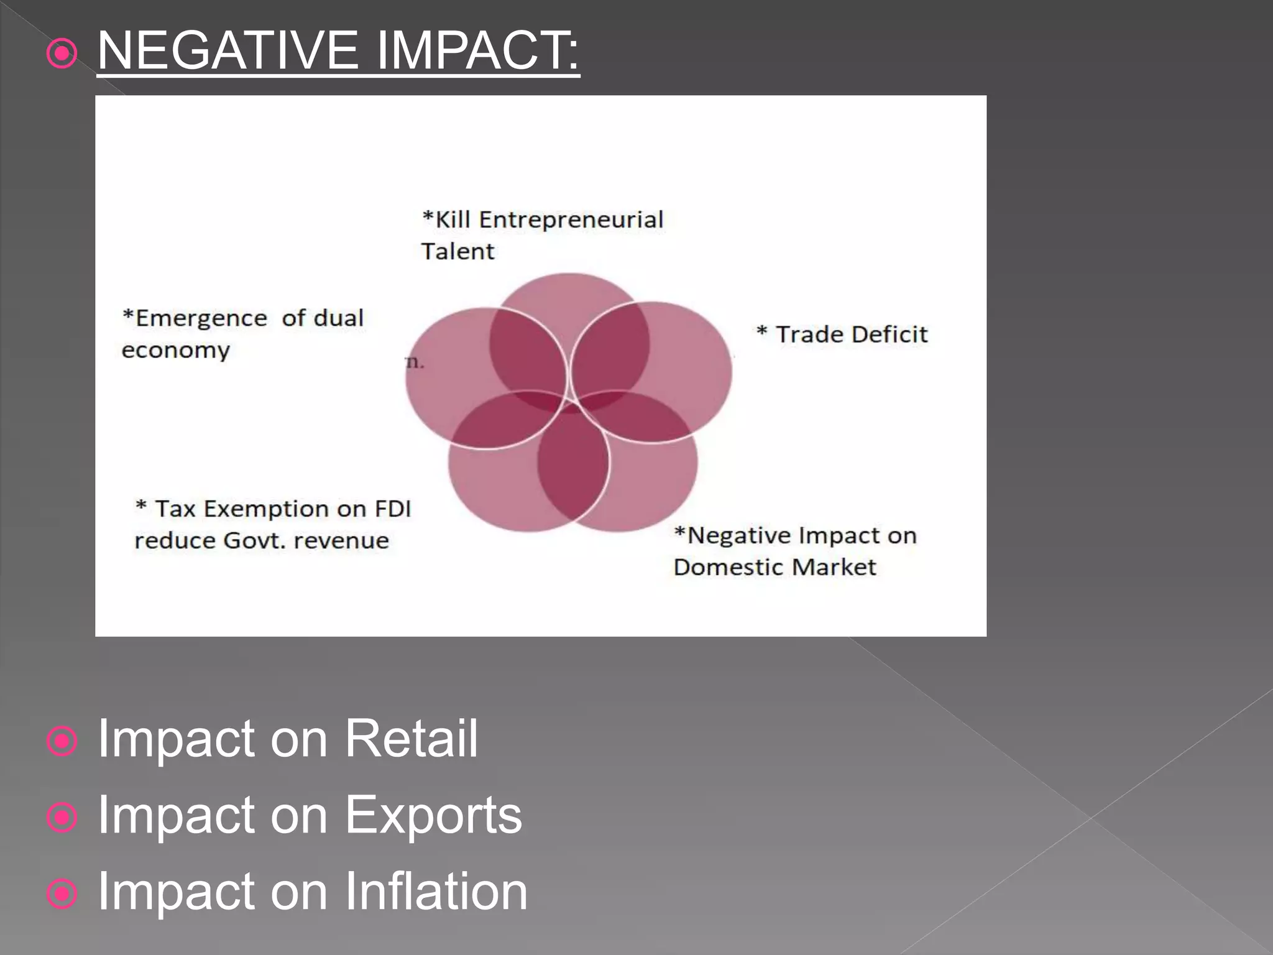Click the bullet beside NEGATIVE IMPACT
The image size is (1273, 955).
[62, 54]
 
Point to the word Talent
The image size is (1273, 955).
[457, 252]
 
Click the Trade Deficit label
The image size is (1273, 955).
[842, 334]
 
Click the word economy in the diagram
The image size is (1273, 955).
[176, 350]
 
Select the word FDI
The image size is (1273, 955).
[393, 509]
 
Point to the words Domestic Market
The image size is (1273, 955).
[774, 567]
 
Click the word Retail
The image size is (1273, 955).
[411, 739]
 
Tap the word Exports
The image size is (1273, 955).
[433, 815]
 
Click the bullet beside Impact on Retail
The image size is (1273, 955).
[62, 742]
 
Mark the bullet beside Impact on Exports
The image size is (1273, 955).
[62, 818]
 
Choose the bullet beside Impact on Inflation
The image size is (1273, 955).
[62, 894]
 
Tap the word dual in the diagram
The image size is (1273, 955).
[338, 318]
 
